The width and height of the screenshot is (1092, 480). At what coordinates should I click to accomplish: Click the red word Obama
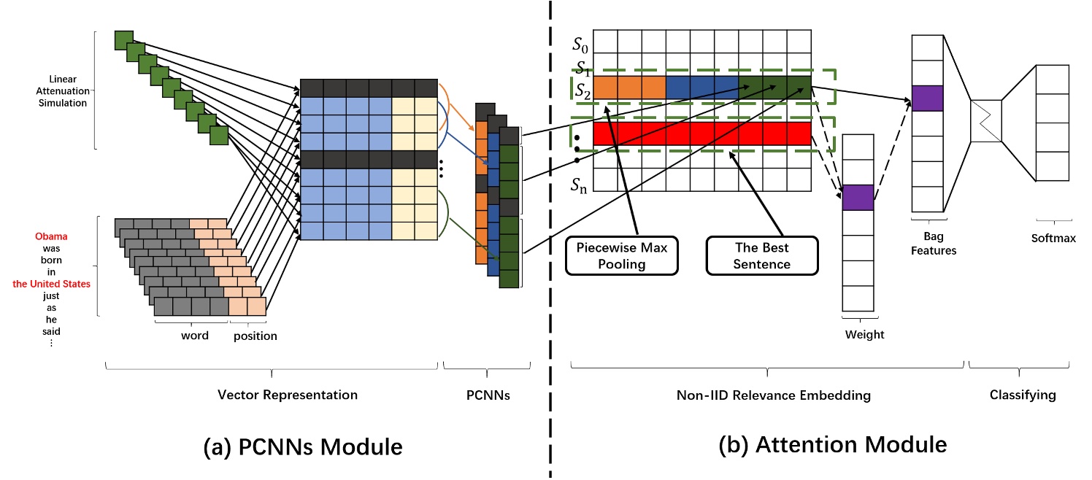pyautogui.click(x=51, y=237)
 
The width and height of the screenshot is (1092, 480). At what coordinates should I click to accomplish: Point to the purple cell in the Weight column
pyautogui.click(x=858, y=198)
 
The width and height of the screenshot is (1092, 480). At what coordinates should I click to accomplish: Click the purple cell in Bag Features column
pyautogui.click(x=928, y=98)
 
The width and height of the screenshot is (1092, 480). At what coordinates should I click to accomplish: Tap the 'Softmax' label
pyautogui.click(x=1053, y=238)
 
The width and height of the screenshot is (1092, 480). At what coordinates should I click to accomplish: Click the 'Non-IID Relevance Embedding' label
pyautogui.click(x=773, y=395)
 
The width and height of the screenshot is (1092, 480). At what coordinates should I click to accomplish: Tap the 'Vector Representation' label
pyautogui.click(x=288, y=395)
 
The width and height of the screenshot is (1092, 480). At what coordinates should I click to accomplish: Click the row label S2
pyautogui.click(x=582, y=91)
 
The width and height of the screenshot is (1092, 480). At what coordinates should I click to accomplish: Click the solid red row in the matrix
pyautogui.click(x=701, y=133)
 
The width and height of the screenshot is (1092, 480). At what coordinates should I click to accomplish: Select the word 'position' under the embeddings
pyautogui.click(x=255, y=336)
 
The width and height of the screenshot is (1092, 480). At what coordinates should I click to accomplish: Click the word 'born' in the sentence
pyautogui.click(x=51, y=260)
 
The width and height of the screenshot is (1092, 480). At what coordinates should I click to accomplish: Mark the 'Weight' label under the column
pyautogui.click(x=864, y=334)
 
